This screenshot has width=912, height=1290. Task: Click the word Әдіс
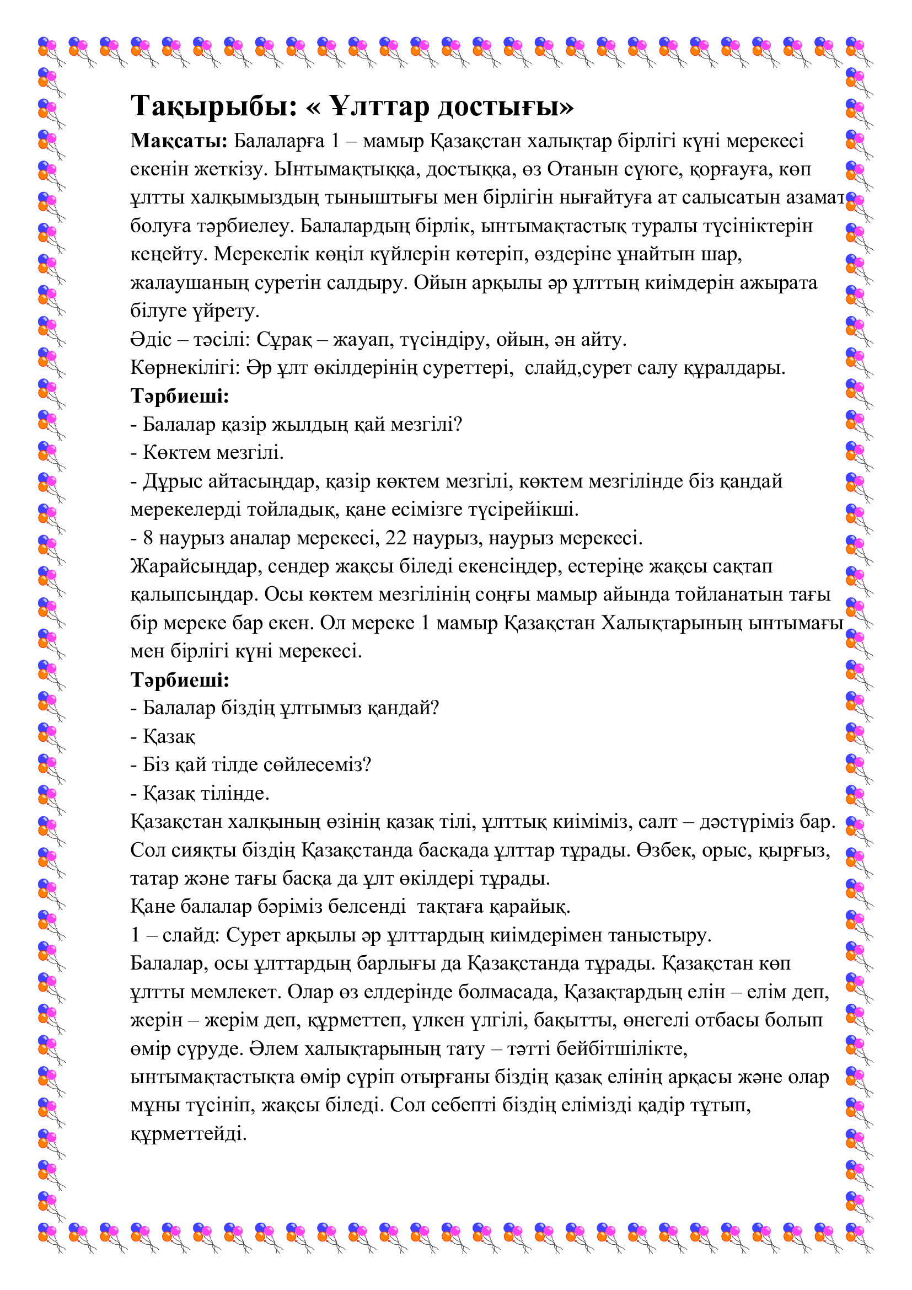click(151, 339)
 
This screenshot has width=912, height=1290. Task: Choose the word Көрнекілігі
click(185, 368)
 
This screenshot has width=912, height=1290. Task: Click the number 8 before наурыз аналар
click(148, 538)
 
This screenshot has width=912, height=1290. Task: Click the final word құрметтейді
click(189, 1133)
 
